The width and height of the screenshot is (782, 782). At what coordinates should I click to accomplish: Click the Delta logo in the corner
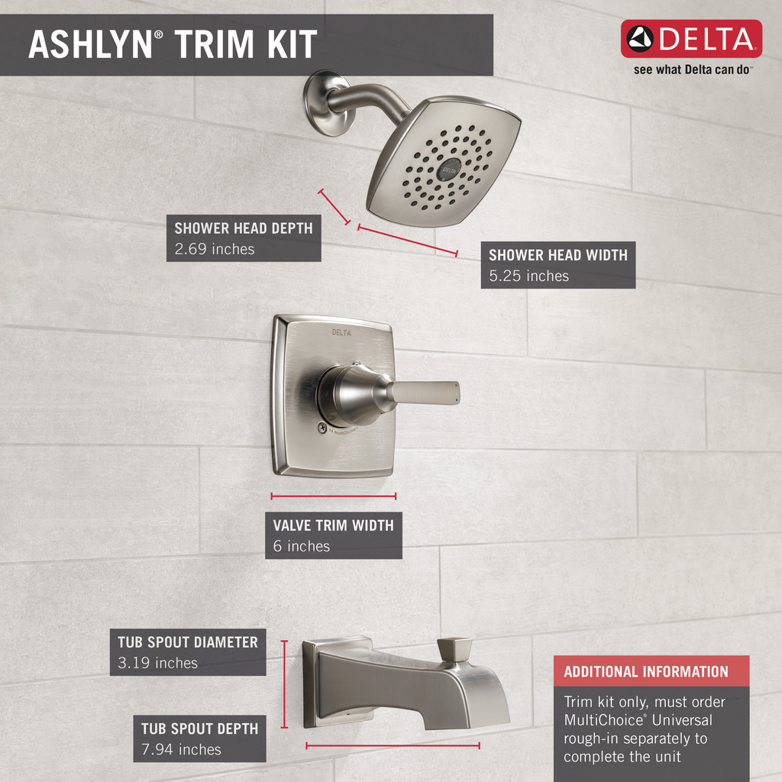click(x=691, y=39)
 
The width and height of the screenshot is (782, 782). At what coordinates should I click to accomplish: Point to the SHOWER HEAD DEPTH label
click(x=243, y=228)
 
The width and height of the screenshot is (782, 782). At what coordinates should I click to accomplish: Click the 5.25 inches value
click(x=528, y=276)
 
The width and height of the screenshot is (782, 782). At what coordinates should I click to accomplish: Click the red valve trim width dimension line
click(x=333, y=496)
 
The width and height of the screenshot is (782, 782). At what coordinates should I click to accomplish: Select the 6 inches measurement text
click(x=302, y=546)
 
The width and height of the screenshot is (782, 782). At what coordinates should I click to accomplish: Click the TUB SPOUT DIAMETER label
click(x=188, y=642)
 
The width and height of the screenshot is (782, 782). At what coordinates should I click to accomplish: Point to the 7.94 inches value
click(x=181, y=749)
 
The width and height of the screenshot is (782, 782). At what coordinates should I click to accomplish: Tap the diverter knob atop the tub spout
click(x=454, y=650)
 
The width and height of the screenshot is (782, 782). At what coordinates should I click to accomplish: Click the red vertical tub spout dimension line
click(x=284, y=683)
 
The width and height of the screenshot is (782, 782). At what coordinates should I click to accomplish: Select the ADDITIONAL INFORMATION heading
click(x=646, y=672)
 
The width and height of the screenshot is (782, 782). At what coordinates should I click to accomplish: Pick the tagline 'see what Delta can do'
click(x=693, y=69)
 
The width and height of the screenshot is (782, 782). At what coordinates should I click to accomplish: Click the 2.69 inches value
click(x=215, y=248)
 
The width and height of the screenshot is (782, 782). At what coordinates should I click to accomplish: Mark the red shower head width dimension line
click(x=407, y=240)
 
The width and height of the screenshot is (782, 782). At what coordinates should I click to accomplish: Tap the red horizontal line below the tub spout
click(x=393, y=745)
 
